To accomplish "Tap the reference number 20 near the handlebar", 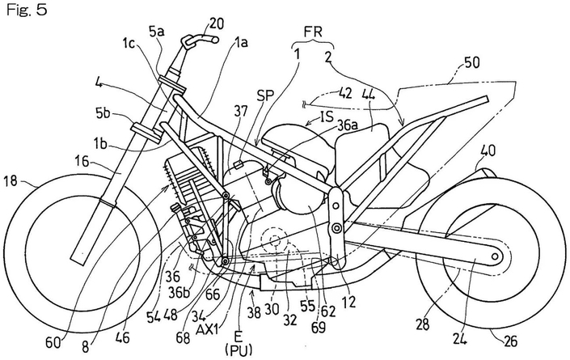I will pos(214,23).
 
